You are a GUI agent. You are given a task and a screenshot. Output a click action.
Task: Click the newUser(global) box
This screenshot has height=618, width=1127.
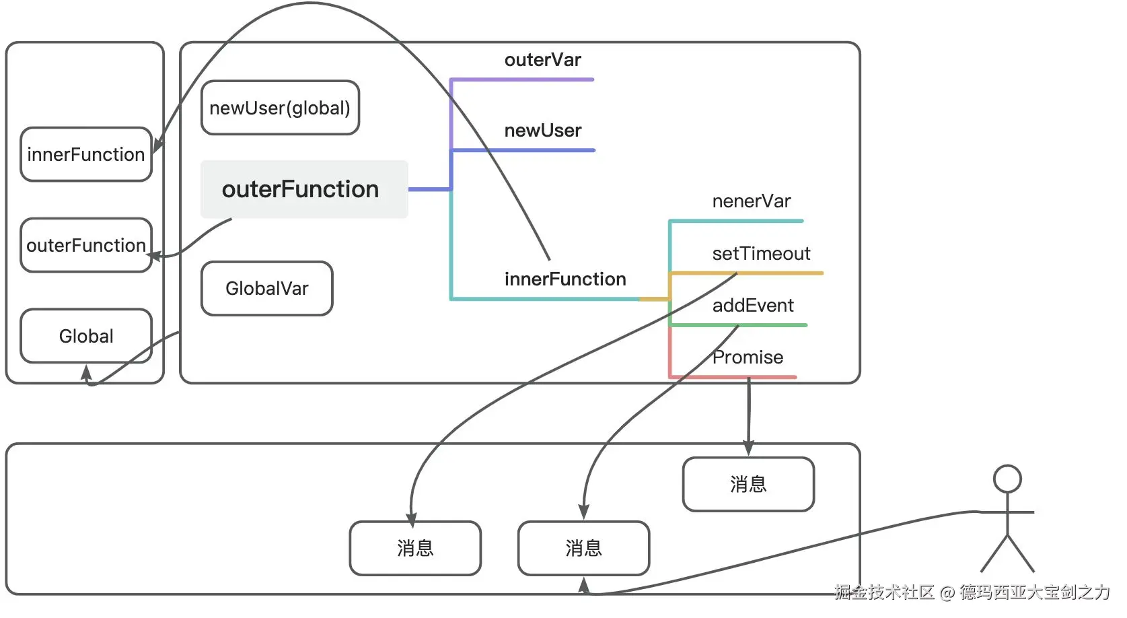pyautogui.click(x=280, y=108)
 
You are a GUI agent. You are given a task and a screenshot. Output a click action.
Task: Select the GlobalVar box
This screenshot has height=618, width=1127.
pyautogui.click(x=266, y=288)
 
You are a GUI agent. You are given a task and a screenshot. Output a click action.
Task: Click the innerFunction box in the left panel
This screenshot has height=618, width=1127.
pyautogui.click(x=85, y=154)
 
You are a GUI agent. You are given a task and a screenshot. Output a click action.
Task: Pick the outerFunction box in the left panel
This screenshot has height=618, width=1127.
pyautogui.click(x=85, y=245)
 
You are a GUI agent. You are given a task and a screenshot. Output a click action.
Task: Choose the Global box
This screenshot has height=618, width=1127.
pyautogui.click(x=85, y=336)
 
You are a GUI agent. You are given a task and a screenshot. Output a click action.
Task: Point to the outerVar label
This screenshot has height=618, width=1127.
pyautogui.click(x=542, y=60)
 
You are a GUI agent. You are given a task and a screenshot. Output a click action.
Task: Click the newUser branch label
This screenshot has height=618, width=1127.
pyautogui.click(x=542, y=131)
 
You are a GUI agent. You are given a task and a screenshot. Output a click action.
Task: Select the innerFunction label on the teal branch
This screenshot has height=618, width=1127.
pyautogui.click(x=565, y=279)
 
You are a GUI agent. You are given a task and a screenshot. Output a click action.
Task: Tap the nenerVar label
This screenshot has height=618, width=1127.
pyautogui.click(x=751, y=201)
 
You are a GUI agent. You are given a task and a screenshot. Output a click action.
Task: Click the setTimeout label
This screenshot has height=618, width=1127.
pyautogui.click(x=761, y=254)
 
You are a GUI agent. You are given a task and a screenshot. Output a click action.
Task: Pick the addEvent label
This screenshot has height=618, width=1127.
pyautogui.click(x=753, y=306)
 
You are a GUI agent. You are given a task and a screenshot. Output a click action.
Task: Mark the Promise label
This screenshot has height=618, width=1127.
pyautogui.click(x=748, y=357)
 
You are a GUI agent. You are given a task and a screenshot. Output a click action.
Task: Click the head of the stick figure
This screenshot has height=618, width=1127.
pyautogui.click(x=1007, y=479)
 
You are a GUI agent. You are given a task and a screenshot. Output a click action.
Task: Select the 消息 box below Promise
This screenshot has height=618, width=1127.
pyautogui.click(x=748, y=484)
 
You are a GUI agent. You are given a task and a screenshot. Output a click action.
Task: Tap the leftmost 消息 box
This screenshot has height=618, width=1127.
pyautogui.click(x=415, y=548)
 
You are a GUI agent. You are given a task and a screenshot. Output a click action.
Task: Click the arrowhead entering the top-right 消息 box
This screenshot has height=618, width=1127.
pyautogui.click(x=748, y=449)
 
